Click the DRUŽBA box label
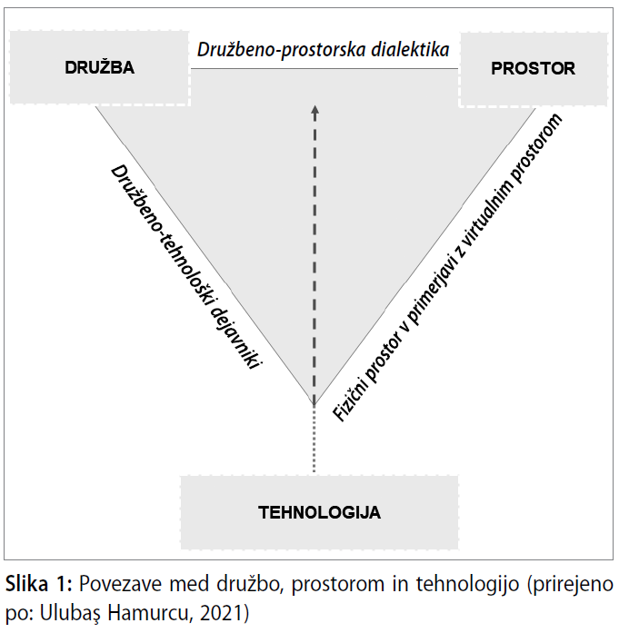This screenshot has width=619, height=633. click(x=100, y=67)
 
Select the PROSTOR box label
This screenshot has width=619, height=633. click(x=533, y=69)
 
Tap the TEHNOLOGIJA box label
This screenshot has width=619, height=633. click(x=319, y=512)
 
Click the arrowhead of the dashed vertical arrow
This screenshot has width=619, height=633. click(x=314, y=113)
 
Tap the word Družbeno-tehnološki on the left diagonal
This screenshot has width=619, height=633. click(x=161, y=233)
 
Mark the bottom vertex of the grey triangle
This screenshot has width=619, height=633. click(x=314, y=405)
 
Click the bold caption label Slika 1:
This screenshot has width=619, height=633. click(x=39, y=584)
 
